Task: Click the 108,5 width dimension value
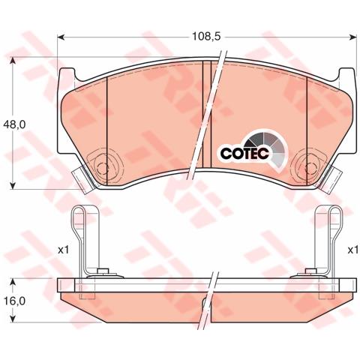205,34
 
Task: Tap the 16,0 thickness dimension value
17,300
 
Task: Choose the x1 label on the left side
62,250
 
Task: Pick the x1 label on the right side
350,250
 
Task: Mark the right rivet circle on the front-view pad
311,162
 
